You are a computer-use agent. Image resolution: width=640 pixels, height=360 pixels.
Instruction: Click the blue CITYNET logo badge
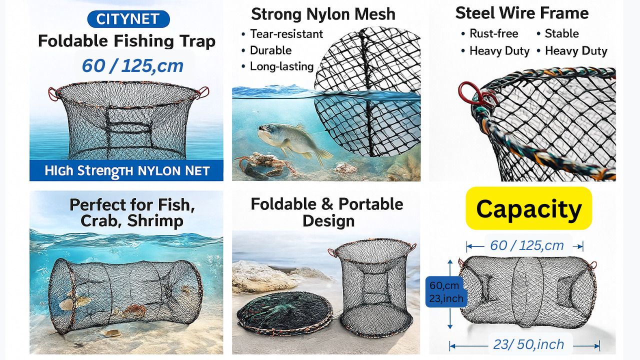tap(128, 19)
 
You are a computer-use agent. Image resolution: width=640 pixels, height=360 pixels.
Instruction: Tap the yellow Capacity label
tap(529, 208)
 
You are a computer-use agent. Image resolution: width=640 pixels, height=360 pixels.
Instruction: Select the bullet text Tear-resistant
tap(286, 34)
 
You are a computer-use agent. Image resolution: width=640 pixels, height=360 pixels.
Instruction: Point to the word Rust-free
tap(493, 33)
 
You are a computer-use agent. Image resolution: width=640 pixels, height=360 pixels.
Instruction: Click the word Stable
tap(561, 33)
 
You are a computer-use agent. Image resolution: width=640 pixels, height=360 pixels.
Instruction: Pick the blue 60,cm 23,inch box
tap(446, 291)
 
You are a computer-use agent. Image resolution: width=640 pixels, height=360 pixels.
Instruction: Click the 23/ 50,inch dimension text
tap(528, 344)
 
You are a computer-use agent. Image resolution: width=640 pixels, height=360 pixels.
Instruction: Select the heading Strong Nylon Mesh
tap(323, 14)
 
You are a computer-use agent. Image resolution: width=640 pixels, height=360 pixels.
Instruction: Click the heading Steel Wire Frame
tap(522, 13)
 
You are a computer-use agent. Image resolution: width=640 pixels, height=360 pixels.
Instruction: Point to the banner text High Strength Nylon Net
tap(127, 171)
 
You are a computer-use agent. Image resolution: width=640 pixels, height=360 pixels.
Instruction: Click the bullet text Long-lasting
tap(281, 66)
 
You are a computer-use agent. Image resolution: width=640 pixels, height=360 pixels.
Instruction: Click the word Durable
tap(270, 50)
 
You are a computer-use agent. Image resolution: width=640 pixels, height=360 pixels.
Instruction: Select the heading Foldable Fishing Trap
tap(126, 41)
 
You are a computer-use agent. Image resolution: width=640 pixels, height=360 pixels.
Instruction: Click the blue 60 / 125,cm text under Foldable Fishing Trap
tap(132, 66)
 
